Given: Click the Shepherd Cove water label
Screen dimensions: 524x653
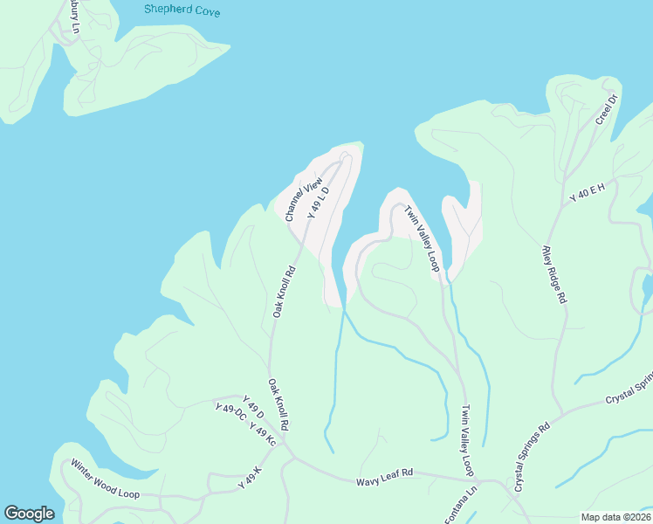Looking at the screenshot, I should [x=183, y=11].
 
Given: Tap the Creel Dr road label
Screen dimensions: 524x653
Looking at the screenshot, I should [x=607, y=108].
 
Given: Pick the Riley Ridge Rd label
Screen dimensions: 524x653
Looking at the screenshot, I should [x=554, y=273].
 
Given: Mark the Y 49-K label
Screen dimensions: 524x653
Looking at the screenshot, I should [x=250, y=475].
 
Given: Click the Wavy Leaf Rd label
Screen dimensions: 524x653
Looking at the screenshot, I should [x=383, y=477].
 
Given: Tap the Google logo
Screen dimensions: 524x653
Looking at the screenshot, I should [x=29, y=514].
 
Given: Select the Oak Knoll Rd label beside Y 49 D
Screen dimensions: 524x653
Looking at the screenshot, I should [x=278, y=403].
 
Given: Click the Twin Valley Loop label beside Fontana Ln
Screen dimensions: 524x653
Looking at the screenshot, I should [x=467, y=439].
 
